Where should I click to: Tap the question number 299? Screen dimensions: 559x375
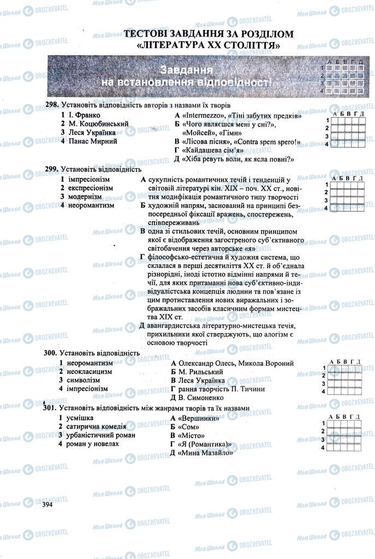[x=52, y=169]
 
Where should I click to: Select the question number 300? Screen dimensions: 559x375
[x=50, y=353]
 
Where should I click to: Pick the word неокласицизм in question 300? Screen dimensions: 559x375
[x=90, y=371]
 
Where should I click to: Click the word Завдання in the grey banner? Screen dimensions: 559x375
[x=187, y=70]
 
